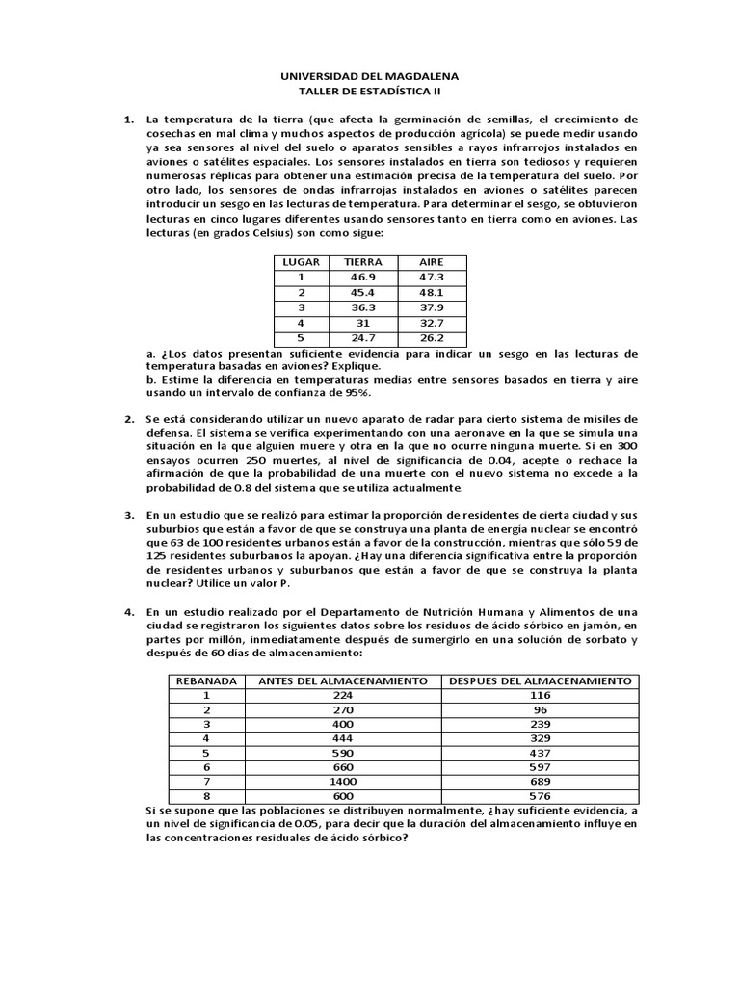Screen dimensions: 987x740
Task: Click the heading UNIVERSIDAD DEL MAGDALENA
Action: coord(369,75)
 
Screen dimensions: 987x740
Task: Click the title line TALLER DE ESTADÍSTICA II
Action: coord(369,91)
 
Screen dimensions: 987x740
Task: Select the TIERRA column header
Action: coord(356,262)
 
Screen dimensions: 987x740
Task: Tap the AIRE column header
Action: coord(431,262)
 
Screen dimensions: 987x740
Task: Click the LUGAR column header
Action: coord(301,262)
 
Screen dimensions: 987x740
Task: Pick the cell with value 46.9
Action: coord(356,278)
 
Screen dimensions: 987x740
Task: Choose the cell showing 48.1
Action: coord(431,293)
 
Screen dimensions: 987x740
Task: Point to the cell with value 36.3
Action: coord(356,308)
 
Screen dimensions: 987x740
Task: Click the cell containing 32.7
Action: coord(431,324)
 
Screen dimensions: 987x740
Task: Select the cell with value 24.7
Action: coord(356,339)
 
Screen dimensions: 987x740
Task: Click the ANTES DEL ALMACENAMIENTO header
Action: coord(343,680)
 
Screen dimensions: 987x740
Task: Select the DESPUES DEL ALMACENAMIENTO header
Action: coord(540,680)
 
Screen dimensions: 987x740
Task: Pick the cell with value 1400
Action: coord(343,781)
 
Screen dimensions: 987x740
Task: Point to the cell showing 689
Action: coord(540,781)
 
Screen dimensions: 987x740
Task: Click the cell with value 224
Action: coord(343,695)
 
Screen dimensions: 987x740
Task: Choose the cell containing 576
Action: coord(540,796)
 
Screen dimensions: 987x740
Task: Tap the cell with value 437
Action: coord(540,753)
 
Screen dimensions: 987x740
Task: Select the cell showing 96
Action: coord(540,709)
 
